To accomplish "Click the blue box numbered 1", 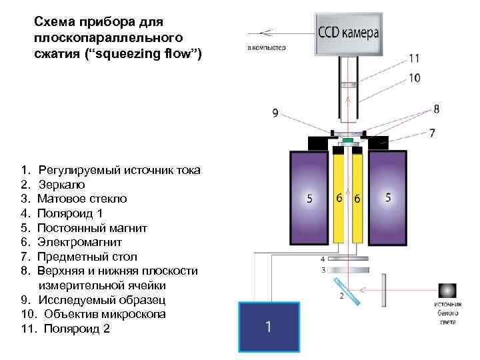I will pyautogui.click(x=268, y=326).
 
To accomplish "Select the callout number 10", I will pyautogui.click(x=414, y=77).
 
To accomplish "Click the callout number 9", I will pyautogui.click(x=275, y=113).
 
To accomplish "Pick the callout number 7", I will pyautogui.click(x=431, y=133).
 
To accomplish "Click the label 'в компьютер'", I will pyautogui.click(x=266, y=47).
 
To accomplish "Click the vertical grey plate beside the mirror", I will pyautogui.click(x=385, y=291).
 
